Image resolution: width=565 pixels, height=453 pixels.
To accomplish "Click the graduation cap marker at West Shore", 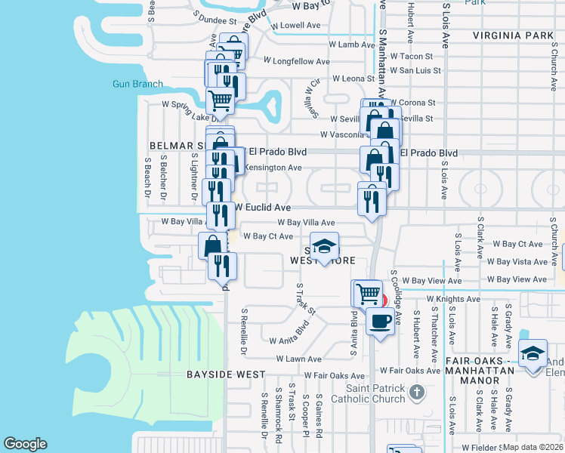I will (324, 247).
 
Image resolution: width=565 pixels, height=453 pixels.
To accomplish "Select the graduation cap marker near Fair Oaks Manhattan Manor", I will (533, 353).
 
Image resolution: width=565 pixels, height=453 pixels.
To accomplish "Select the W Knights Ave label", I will (453, 299).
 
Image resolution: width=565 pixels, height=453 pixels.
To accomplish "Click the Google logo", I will (25, 444).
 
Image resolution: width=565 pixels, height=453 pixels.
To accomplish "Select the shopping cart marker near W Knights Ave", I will (367, 293).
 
